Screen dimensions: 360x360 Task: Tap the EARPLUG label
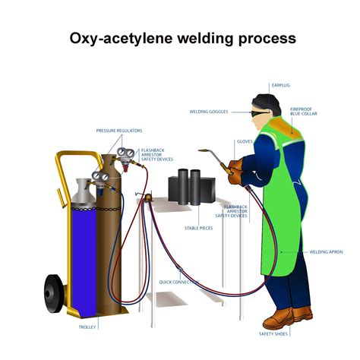[x=282, y=86]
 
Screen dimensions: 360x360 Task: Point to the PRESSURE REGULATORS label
[x=119, y=131]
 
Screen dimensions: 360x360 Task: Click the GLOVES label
[x=245, y=141]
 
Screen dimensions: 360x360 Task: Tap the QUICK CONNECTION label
[x=179, y=282]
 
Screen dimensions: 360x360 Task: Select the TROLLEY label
[x=87, y=327]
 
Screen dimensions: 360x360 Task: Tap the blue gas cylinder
[x=83, y=243]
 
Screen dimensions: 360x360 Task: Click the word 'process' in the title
[x=259, y=38]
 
